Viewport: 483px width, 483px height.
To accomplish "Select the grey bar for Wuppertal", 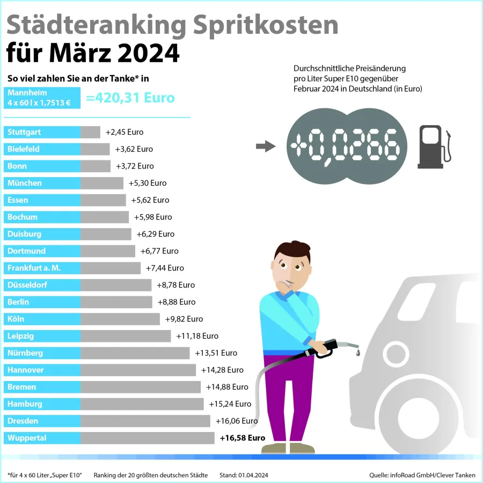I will (x=147, y=438).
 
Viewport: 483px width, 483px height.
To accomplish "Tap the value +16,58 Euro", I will (x=243, y=438).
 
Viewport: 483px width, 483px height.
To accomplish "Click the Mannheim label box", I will (x=42, y=98).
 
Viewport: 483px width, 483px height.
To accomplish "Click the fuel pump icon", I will (x=434, y=144).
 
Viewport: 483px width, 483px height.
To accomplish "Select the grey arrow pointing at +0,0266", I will (x=265, y=147).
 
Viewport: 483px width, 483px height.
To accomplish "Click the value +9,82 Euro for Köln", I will (x=184, y=319).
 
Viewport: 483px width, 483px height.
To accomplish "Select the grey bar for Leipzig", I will (x=126, y=336).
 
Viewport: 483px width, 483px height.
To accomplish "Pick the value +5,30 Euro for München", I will (x=148, y=183).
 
